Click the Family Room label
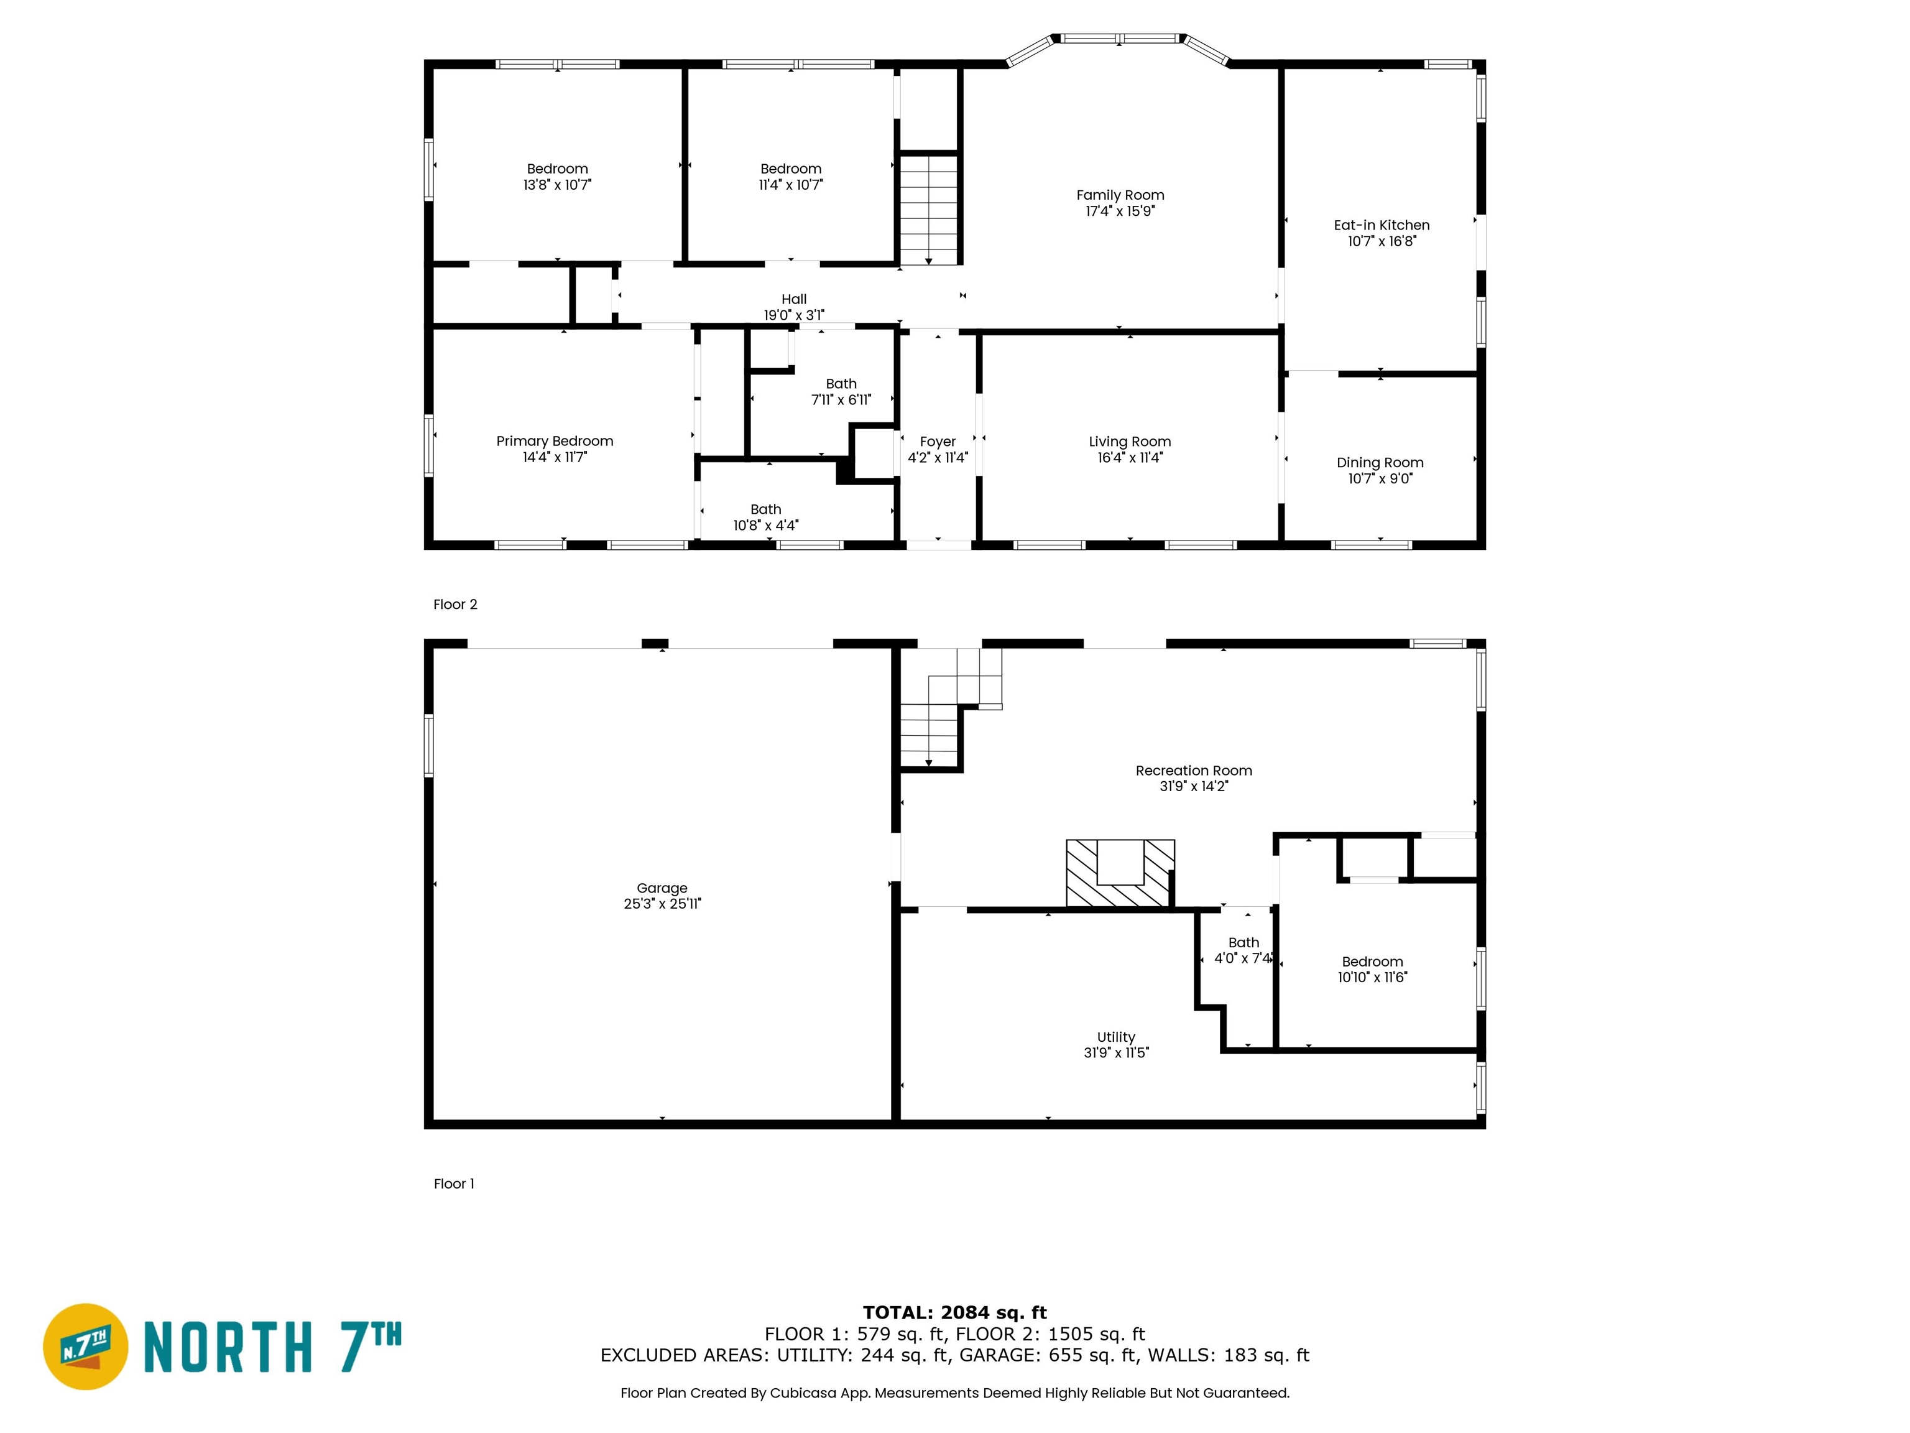point(1120,195)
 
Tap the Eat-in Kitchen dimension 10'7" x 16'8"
point(1382,241)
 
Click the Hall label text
point(793,299)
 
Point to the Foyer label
point(937,442)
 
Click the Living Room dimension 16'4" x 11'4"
point(1130,458)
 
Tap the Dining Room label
point(1380,462)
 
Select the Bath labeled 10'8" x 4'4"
point(766,516)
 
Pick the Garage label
point(662,888)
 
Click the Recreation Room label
point(1193,771)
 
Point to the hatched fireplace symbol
point(1120,874)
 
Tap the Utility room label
point(1115,1037)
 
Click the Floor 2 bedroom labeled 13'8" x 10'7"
point(557,176)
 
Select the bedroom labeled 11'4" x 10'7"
point(790,176)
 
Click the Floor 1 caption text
point(453,1184)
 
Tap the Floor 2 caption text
point(455,605)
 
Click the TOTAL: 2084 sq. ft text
point(954,1313)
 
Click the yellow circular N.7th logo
point(85,1346)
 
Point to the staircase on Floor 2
point(928,210)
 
